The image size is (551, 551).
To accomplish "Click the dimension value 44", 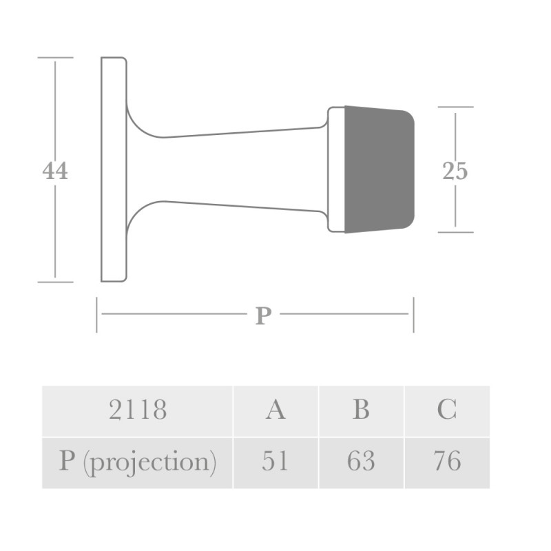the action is tap(55, 171).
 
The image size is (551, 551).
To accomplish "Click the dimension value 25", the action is tap(455, 171).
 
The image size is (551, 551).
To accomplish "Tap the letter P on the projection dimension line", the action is tap(264, 315).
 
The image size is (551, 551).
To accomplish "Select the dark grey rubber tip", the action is tap(379, 169).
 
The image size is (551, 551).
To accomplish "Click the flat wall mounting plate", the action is tap(114, 169).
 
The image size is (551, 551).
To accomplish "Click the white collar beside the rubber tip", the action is tap(336, 169).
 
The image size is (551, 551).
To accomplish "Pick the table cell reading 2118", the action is tap(137, 410).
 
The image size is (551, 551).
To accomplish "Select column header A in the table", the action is tap(275, 410).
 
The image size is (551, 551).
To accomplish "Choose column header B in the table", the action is tap(361, 410).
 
